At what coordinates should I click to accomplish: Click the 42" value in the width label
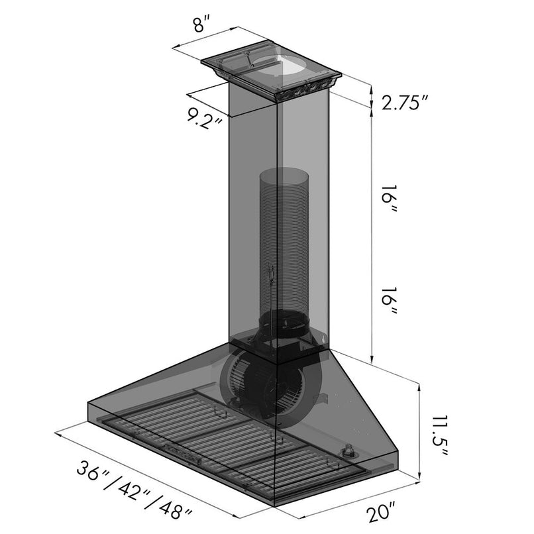click(133, 491)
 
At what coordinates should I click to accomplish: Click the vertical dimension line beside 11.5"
click(419, 431)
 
